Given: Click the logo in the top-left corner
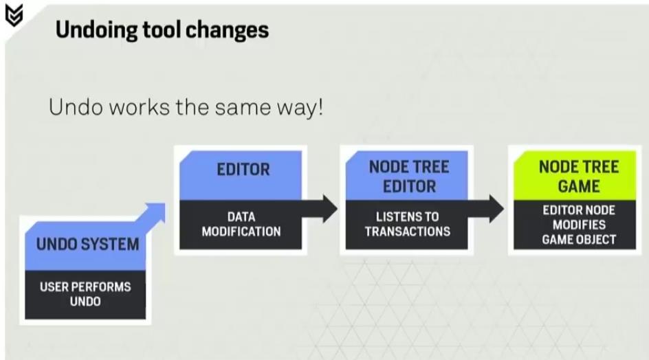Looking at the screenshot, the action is click(x=14, y=15).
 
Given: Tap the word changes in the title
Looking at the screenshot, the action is click(x=228, y=30).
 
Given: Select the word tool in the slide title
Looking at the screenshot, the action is click(x=162, y=30).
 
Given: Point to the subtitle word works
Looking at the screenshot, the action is click(x=140, y=107).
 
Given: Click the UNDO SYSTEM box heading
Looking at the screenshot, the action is click(x=87, y=244).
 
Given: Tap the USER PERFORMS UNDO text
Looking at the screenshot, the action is click(x=85, y=294).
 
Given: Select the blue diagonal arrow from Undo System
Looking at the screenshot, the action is click(x=151, y=213).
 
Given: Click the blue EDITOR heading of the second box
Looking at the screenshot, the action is click(x=243, y=169).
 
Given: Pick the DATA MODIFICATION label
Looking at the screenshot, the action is click(x=241, y=224).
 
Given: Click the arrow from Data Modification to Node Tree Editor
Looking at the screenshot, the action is click(x=320, y=209).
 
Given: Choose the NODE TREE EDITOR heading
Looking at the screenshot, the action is click(x=409, y=177).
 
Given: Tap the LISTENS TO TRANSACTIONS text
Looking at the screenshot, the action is click(x=407, y=224).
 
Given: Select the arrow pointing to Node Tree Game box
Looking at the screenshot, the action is click(x=486, y=209).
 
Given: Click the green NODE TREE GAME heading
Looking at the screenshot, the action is click(x=579, y=177).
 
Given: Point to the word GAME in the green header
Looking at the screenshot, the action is click(x=579, y=186).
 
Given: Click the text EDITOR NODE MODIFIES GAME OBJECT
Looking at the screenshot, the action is click(x=579, y=225).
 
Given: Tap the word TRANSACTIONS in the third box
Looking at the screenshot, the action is click(x=407, y=232).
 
